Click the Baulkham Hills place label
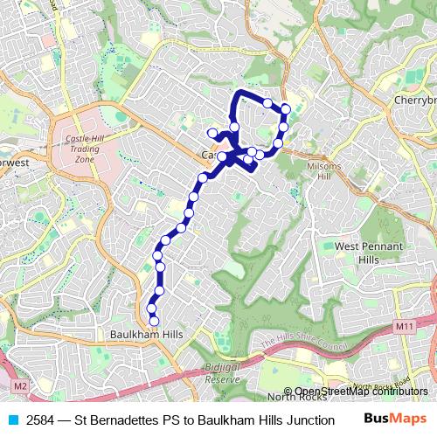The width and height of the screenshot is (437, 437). [144, 335]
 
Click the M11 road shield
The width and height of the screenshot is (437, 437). [404, 326]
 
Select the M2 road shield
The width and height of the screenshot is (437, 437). [20, 385]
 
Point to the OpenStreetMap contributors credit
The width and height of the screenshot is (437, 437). [362, 391]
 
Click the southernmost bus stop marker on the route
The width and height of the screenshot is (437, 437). [154, 321]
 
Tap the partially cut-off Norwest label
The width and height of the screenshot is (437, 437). [15, 163]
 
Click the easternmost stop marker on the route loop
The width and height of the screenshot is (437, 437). [286, 109]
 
